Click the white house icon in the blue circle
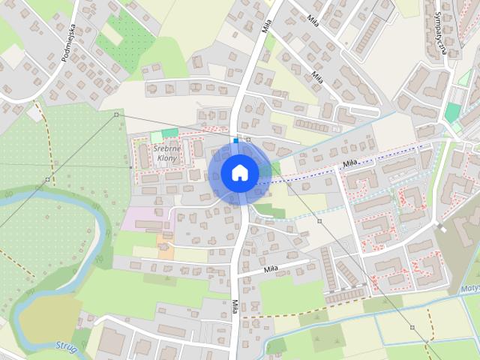240,172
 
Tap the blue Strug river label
67,346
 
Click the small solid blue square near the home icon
235,140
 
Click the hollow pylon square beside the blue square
248,139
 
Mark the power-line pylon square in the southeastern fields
412,327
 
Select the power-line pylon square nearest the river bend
47,179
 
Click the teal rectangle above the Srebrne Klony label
170,133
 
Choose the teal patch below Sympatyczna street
452,112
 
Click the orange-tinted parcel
164,243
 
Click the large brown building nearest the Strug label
112,341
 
